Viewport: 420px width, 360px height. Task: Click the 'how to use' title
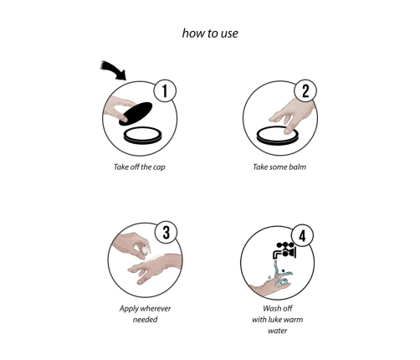(210, 33)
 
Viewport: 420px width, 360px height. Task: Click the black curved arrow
(114, 70)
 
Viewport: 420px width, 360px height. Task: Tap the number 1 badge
(165, 90)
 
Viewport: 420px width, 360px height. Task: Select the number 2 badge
(305, 90)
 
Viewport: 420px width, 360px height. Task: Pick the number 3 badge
(166, 232)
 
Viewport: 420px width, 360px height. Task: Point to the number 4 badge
(302, 236)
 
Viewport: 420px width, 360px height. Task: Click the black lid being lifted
(136, 113)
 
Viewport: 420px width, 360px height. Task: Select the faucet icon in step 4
(284, 250)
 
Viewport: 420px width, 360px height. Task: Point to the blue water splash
(281, 274)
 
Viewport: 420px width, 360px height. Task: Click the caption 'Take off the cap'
(140, 167)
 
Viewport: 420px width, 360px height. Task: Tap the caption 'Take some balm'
(279, 167)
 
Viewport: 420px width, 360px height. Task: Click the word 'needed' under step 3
(145, 320)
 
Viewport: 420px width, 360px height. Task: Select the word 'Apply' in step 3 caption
(128, 309)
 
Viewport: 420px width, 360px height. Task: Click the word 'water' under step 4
(278, 331)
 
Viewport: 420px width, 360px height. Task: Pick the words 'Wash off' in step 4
(278, 308)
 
